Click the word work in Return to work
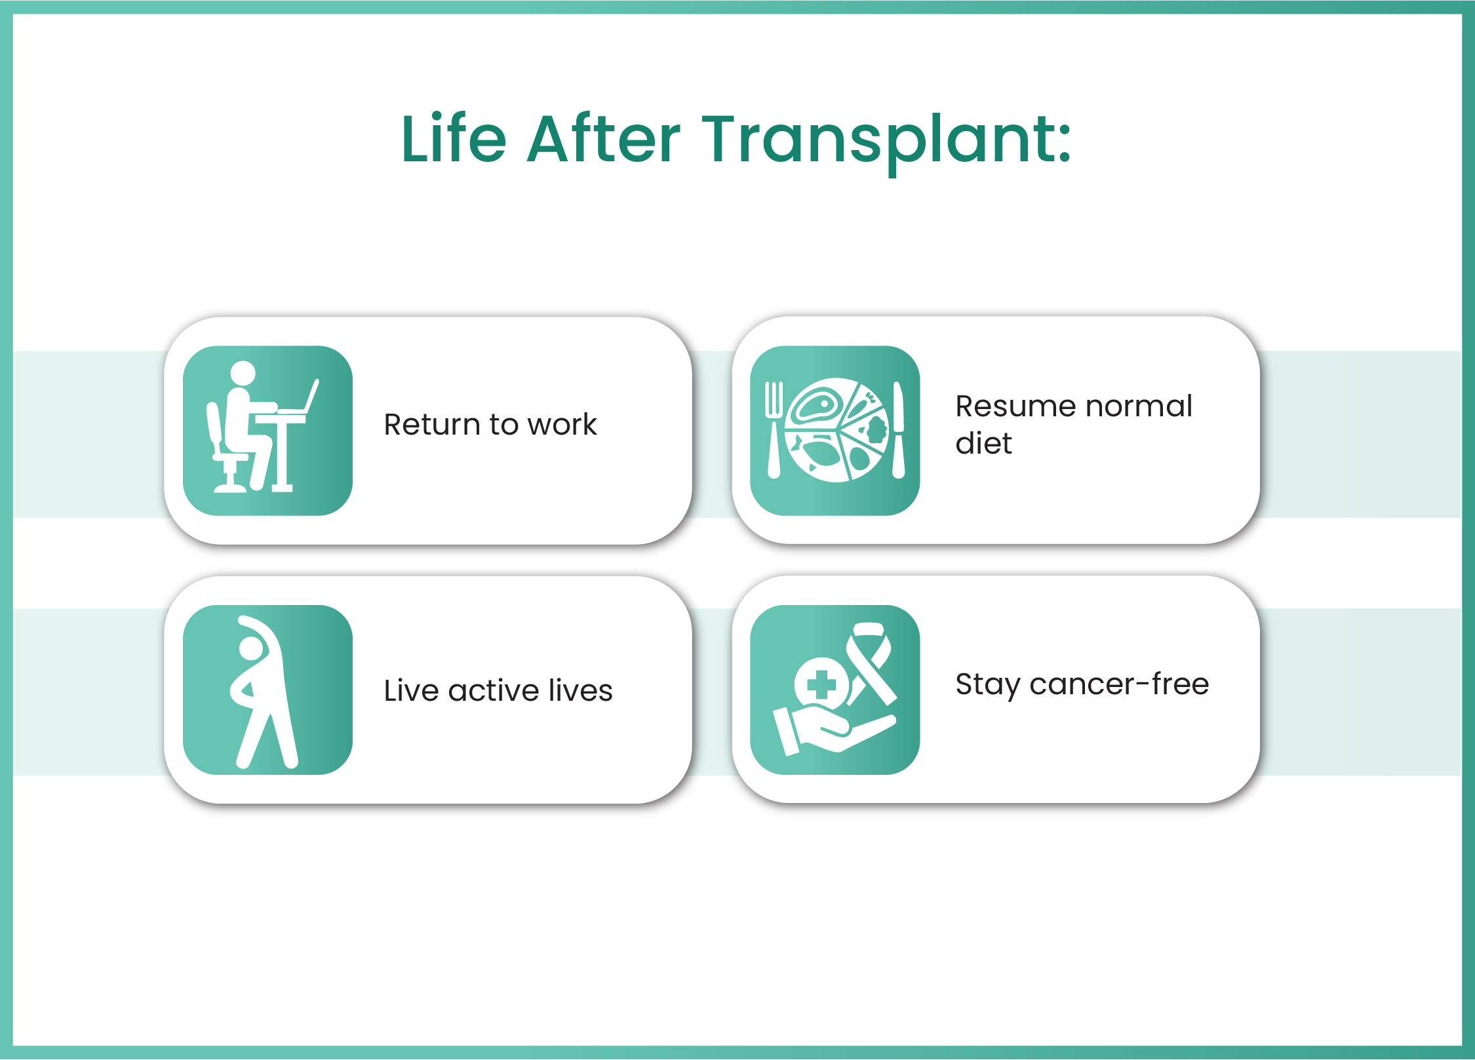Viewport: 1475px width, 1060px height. pos(562,425)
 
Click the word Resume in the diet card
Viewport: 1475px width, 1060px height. pos(1013,406)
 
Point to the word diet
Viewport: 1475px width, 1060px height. pos(983,444)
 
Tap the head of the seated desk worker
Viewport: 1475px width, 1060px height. pos(243,373)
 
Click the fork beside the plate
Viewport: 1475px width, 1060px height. pos(774,429)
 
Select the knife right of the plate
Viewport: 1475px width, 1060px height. pos(898,429)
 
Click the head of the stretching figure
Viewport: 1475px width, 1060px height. pos(250,649)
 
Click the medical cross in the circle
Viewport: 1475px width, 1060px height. pos(821,685)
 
